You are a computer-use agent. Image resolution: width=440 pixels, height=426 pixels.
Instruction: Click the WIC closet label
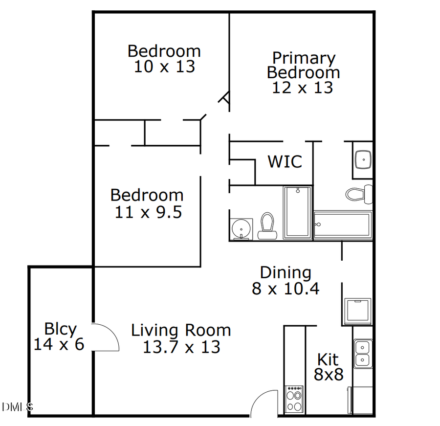point(285,161)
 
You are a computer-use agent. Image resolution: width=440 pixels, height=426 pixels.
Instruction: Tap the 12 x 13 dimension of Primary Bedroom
point(303,88)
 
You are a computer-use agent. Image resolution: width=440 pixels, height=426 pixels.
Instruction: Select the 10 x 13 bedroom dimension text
point(164,67)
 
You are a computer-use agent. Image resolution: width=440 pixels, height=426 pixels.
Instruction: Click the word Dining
point(285,272)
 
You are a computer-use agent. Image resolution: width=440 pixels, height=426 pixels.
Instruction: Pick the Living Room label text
point(181,330)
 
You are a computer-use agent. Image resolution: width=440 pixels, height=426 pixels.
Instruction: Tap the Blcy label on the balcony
point(60,329)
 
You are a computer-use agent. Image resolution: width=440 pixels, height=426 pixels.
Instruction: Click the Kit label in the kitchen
point(328,360)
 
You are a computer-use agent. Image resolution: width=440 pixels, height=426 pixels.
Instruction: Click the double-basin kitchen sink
point(362,354)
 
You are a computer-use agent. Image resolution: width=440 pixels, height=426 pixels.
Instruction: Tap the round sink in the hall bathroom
point(241,228)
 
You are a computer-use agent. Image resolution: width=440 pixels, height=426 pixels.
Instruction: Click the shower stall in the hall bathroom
point(297,213)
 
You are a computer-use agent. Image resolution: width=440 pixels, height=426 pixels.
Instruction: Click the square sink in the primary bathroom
point(363,159)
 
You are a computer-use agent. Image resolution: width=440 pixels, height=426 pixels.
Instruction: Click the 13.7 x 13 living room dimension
point(181,347)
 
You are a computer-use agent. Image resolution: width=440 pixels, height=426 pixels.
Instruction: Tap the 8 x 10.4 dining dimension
point(286,289)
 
